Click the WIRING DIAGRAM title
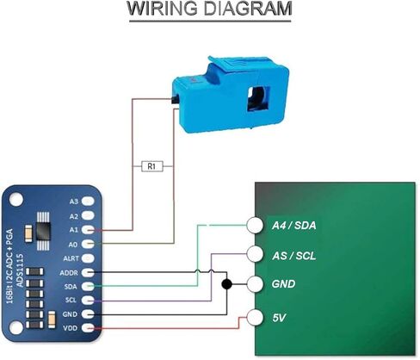click(209, 10)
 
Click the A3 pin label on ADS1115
click(73, 202)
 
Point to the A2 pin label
click(73, 216)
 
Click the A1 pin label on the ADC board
click(73, 230)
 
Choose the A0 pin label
click(73, 244)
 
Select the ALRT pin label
click(71, 258)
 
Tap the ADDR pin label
click(71, 272)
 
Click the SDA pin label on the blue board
click(71, 286)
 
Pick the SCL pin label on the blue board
click(71, 300)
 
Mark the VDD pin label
click(71, 328)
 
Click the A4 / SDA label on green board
click(293, 226)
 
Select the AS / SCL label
click(293, 256)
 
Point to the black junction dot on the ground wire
click(226, 284)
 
